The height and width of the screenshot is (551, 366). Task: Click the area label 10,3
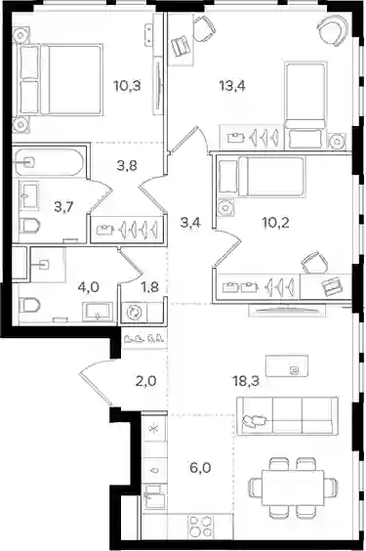(x=127, y=85)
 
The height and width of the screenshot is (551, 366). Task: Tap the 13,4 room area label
(x=232, y=85)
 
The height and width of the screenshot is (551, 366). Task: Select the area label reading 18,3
(x=246, y=381)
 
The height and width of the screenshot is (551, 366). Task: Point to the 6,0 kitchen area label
(x=200, y=468)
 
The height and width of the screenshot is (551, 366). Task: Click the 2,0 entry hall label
(x=145, y=381)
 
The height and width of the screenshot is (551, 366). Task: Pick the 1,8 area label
(x=149, y=287)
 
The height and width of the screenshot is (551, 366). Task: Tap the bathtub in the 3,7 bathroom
(x=49, y=161)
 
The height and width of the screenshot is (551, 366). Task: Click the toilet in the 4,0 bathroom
(x=29, y=305)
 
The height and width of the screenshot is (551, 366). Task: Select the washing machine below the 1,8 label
(x=134, y=312)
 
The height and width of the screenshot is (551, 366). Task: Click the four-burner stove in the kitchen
(x=200, y=525)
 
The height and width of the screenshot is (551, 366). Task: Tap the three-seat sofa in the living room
(x=287, y=416)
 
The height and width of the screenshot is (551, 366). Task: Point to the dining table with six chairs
(x=293, y=487)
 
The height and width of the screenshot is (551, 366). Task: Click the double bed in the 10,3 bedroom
(x=60, y=79)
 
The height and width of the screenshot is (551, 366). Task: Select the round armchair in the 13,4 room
(x=334, y=31)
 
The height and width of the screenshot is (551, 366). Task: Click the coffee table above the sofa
(x=287, y=365)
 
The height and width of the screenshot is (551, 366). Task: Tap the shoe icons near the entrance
(x=143, y=338)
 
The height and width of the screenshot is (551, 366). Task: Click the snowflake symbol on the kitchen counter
(x=153, y=429)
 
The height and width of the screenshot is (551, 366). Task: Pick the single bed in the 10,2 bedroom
(x=261, y=176)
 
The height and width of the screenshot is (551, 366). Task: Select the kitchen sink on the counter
(x=153, y=496)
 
